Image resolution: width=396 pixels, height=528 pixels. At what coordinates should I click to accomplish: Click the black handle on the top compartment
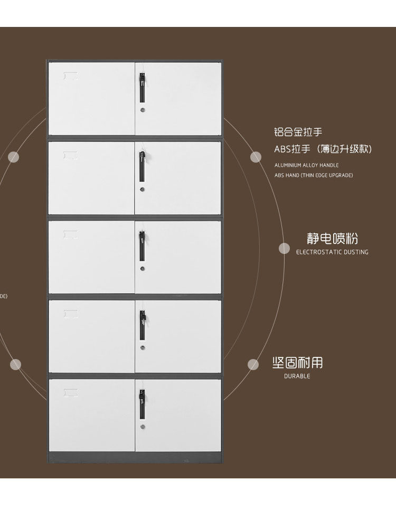[x=142, y=87]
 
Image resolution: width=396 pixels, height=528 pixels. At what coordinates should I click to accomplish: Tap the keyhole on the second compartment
[x=142, y=189]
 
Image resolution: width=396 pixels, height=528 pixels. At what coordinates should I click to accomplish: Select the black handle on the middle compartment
[x=142, y=247]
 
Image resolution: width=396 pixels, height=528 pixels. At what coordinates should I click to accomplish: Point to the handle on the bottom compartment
[x=142, y=404]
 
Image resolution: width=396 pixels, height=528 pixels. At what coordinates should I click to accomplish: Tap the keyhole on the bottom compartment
[x=142, y=426]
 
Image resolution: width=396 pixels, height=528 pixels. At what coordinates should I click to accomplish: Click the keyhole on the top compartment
[x=142, y=110]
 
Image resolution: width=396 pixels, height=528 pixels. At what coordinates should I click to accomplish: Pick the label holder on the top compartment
[x=71, y=76]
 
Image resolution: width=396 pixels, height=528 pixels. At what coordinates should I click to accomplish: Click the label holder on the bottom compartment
[x=71, y=393]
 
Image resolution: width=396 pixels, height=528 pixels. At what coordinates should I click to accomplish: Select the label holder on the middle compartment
[x=71, y=234]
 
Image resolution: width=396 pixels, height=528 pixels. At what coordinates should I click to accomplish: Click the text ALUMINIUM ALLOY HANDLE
[x=307, y=165]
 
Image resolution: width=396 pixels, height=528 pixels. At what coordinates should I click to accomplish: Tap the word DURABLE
[x=297, y=376]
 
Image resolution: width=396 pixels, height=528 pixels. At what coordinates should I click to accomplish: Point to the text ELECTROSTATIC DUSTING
[x=332, y=252]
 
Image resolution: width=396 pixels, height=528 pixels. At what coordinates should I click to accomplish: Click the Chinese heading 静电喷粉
[x=332, y=238]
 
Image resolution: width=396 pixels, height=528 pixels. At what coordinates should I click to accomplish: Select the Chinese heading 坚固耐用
[x=297, y=363]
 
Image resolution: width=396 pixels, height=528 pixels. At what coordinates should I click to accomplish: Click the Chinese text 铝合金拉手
[x=298, y=132]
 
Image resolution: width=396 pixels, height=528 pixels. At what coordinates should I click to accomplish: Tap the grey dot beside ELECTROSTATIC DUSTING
[x=284, y=248]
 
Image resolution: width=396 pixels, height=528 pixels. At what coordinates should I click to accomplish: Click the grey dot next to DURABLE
[x=253, y=364]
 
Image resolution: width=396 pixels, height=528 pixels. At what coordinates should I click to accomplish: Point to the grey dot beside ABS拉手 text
[x=256, y=157]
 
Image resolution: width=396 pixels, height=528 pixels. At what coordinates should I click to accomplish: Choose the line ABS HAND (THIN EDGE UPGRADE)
[x=314, y=175]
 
